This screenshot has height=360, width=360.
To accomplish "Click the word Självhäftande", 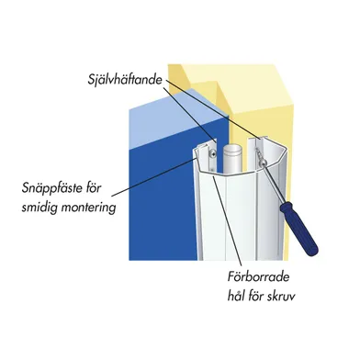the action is tap(125, 80).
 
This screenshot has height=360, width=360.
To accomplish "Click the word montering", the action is tap(88, 208).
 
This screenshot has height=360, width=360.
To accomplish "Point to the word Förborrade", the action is tap(258, 277).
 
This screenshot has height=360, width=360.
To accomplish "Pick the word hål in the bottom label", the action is tap(238, 296).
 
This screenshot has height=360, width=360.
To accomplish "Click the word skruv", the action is tap(283, 297).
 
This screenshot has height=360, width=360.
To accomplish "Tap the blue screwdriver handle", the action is tap(299, 229).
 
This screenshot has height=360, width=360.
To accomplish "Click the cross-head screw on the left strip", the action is tap(212, 152).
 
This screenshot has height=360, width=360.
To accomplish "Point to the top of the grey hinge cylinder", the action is tap(232, 149).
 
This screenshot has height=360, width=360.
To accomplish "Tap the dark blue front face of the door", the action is tap(163, 202).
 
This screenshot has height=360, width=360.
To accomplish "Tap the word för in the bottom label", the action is tap(260, 296).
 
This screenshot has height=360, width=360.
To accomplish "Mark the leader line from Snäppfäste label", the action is tap(153, 176).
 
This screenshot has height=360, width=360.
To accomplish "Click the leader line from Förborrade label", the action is tap(228, 222).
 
